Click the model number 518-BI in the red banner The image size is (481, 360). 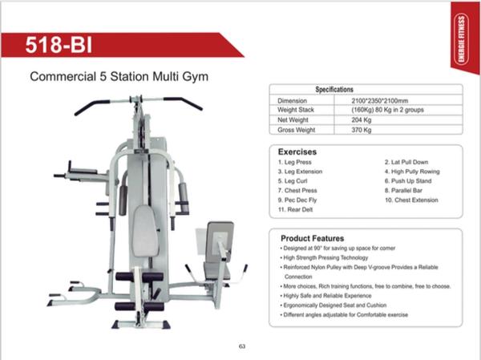[59, 45]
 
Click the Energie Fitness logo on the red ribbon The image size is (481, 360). [461, 39]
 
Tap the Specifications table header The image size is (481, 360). [334, 90]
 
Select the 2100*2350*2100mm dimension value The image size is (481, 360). [380, 101]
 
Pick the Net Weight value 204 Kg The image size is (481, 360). [362, 120]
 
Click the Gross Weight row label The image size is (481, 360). [297, 130]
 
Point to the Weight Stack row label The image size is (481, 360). [296, 110]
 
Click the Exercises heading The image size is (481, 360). [297, 152]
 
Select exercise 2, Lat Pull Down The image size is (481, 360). [406, 162]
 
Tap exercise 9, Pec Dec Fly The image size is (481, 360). [297, 200]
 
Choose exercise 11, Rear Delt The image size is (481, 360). [295, 209]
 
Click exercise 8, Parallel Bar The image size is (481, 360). [403, 191]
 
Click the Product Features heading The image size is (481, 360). [313, 238]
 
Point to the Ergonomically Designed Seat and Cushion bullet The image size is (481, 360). [333, 305]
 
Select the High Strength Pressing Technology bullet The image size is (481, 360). [324, 258]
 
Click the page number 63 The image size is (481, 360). [242, 346]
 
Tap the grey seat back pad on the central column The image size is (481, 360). [145, 231]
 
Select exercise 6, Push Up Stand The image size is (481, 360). [408, 181]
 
